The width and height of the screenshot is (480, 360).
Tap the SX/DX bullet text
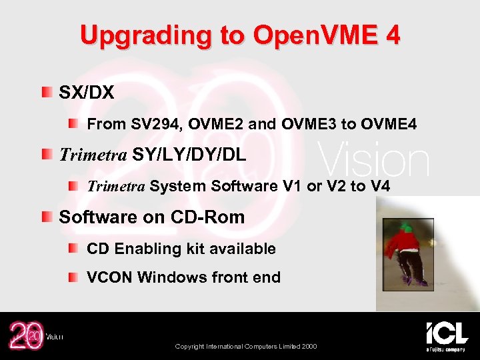coord(87,92)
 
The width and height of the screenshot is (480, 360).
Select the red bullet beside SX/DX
coord(46,91)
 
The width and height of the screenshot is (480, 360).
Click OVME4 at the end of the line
coord(389,124)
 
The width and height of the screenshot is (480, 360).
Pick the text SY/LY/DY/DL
coord(189,155)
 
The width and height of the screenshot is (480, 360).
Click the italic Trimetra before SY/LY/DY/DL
coord(93,155)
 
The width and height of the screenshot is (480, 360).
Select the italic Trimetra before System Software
coord(116,187)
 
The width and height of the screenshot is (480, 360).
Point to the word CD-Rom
coord(209,217)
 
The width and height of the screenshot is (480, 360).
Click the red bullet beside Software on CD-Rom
coord(46,217)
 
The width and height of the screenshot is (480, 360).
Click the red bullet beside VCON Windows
coord(74,277)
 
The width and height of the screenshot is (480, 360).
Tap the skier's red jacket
coord(402,245)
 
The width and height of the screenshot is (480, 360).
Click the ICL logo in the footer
coord(447,335)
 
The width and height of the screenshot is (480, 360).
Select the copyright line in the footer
coord(246,347)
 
